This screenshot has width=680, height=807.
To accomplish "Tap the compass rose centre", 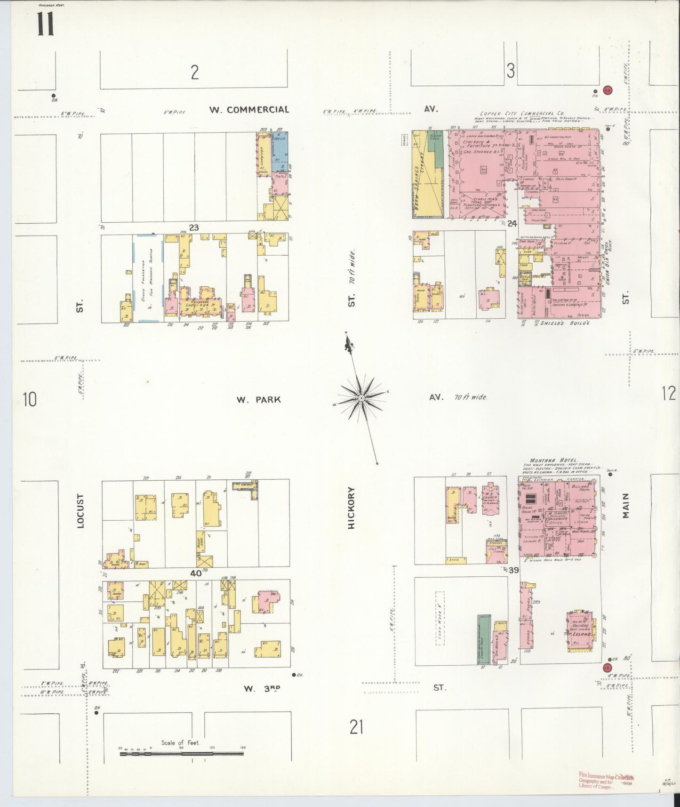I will pos(361,398).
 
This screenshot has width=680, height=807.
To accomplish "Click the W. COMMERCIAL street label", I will pos(249,110).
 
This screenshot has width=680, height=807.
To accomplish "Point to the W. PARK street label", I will pos(258,400).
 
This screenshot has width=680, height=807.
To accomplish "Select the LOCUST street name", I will pos(80,510).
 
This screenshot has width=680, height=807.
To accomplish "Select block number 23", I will pos(193,227).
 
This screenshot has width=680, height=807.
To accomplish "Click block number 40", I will pos(195,573).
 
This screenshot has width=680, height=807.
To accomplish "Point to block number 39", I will pos(513,570).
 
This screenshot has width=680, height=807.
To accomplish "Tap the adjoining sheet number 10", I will pos(29,400).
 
